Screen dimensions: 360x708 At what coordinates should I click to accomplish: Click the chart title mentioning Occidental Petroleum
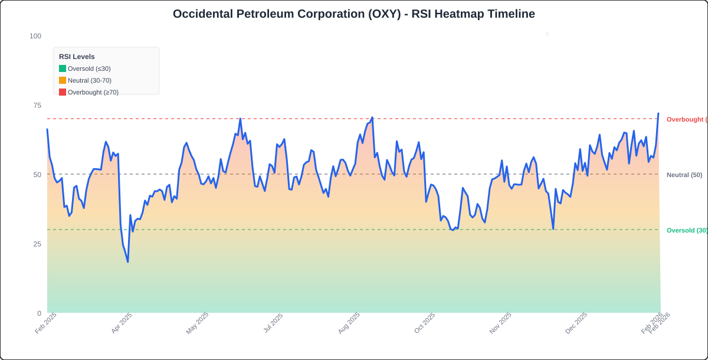coord(353,14)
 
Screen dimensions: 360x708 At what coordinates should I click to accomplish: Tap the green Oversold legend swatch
coord(63,68)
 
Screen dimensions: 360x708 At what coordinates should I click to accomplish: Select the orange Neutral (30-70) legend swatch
coord(63,80)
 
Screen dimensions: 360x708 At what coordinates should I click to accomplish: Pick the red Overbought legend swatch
coord(63,92)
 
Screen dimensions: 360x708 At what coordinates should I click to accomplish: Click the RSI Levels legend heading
coord(77,57)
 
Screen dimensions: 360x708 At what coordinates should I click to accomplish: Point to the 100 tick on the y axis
coord(35,36)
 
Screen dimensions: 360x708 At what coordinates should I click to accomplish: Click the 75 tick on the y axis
coord(37,105)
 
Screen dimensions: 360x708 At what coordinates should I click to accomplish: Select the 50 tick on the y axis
coord(37,175)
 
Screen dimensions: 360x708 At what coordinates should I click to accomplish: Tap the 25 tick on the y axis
coord(37,244)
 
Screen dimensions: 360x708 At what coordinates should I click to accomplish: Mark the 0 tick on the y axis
coord(39,313)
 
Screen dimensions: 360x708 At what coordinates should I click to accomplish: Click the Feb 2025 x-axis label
coord(45,323)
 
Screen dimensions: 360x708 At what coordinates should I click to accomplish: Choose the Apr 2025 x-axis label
coord(122,323)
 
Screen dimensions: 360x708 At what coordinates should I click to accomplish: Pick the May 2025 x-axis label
coord(197,323)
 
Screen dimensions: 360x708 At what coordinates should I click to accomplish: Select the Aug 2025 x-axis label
coord(349,323)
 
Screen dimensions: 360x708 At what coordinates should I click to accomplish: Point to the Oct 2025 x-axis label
coord(424,323)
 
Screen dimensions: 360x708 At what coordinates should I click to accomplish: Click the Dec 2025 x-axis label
coord(576,323)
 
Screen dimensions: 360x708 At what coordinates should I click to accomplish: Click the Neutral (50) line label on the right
coord(684,175)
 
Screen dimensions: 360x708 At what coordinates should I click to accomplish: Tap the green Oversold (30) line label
coord(687,230)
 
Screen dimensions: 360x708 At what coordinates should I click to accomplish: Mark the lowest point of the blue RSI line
coord(128,261)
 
